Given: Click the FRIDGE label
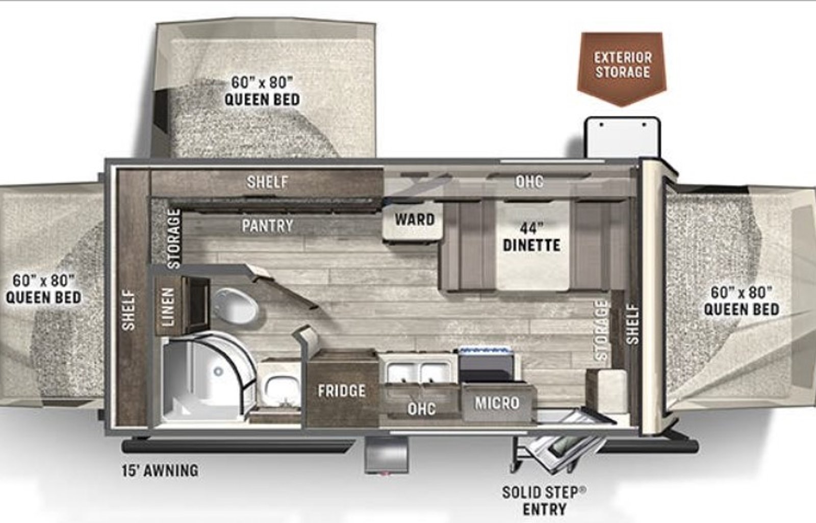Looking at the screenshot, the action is point(341,391).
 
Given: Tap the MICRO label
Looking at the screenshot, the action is point(497,403).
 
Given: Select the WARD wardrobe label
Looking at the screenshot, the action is point(415,219).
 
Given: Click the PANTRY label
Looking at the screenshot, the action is point(268,226).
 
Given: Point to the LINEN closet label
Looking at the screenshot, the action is point(168,307).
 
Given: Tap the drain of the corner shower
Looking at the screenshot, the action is point(218,372).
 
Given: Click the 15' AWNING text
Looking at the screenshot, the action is point(160,470).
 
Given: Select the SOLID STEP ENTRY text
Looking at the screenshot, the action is point(544,501).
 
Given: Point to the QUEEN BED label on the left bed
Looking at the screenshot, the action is point(44,297).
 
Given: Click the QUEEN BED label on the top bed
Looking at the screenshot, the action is point(262,99).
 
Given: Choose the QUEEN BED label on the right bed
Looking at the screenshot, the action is point(742,309).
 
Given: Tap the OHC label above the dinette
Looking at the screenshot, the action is point(529,182).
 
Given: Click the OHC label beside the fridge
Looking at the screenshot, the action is point(421,409).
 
